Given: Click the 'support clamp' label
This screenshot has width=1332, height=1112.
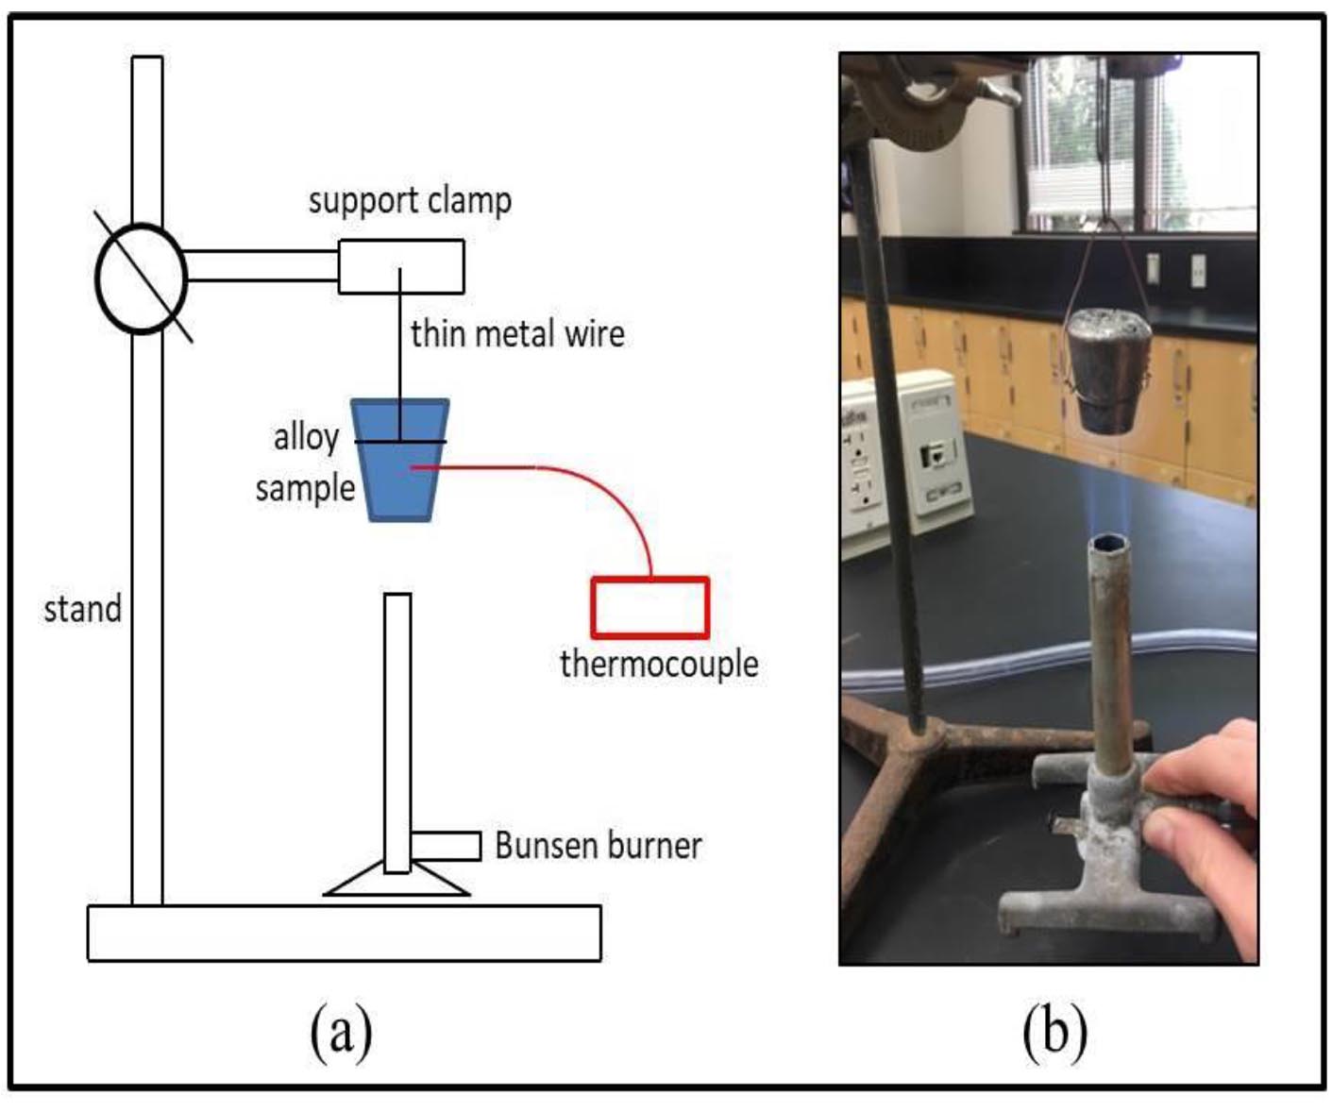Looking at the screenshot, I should coord(410,201).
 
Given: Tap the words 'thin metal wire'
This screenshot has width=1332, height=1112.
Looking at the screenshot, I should coord(517,334).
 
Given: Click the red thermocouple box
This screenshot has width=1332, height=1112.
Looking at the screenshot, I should coord(649,608).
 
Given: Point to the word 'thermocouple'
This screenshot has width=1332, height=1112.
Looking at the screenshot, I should coord(659,664).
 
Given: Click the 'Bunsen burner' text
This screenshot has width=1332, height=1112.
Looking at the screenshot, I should coord(598,846).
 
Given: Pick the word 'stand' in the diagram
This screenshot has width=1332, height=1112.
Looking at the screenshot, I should coord(83,609).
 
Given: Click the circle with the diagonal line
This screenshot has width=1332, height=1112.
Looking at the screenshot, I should coord(141,278).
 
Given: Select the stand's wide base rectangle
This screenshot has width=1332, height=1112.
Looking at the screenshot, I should coord(344,933).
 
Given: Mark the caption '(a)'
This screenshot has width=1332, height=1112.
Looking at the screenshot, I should coord(341,1031).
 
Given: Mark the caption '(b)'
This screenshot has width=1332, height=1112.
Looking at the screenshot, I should coord(1054,1031).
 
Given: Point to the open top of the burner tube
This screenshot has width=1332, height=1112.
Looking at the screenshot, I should coord(1108,544).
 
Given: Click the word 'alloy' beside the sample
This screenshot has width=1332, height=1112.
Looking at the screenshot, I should coord(306,438).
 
